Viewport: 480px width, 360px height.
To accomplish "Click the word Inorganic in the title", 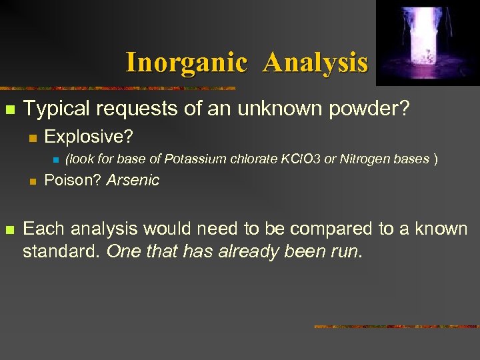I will [x=186, y=63].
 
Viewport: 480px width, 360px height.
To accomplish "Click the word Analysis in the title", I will [x=315, y=63].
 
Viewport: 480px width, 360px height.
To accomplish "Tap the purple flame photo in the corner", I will [x=427, y=43].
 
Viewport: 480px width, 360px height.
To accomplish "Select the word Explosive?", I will [x=89, y=137].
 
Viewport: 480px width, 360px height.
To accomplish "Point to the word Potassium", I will [x=193, y=159].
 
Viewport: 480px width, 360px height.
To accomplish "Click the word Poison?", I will [x=72, y=180].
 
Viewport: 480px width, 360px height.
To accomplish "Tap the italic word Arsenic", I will [x=133, y=180].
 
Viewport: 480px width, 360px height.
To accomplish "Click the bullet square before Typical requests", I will [x=9, y=109].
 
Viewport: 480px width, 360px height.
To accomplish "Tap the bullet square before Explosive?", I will [x=31, y=138].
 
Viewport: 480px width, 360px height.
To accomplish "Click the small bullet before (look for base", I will [x=56, y=160].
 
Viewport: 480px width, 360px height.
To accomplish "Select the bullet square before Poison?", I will [x=31, y=181].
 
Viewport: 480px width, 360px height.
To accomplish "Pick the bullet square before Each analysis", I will [x=9, y=230].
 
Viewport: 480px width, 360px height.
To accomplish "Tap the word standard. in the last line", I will [x=61, y=253].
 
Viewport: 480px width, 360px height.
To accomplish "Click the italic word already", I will [x=249, y=253].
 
